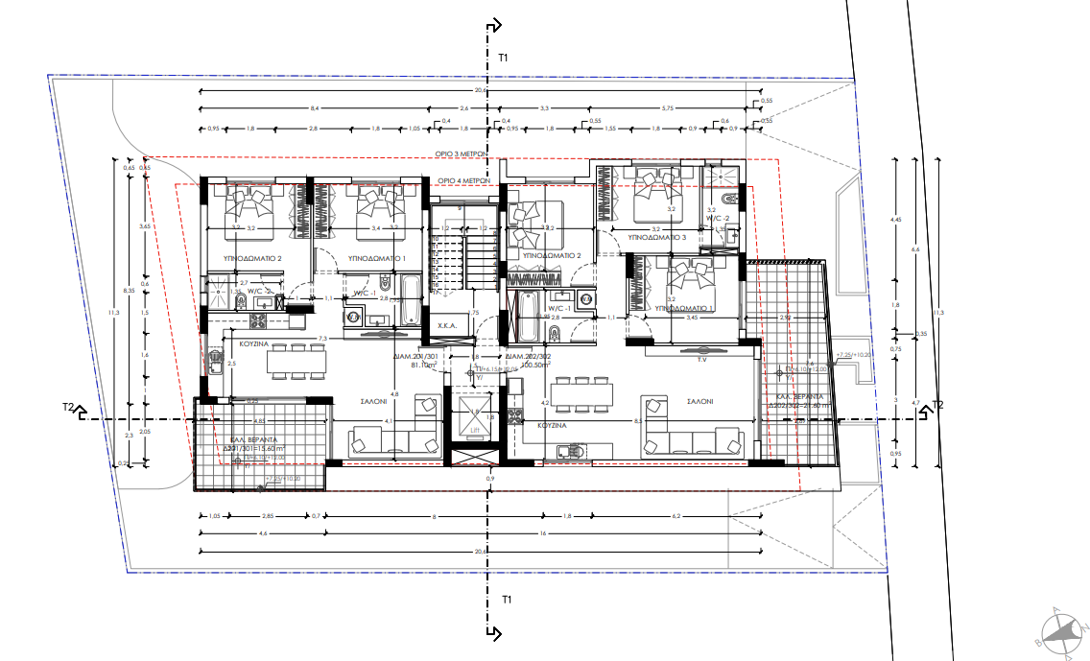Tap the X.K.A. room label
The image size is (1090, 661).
pos(446,326)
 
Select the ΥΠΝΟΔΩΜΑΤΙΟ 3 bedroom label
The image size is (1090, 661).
pos(656,236)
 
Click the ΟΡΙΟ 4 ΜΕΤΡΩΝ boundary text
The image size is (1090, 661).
pos(464,180)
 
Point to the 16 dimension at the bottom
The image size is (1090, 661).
pos(542,533)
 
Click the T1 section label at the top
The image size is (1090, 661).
pos(502,59)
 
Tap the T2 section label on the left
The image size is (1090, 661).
pos(68,408)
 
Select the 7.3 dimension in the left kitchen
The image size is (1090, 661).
pos(323,339)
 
